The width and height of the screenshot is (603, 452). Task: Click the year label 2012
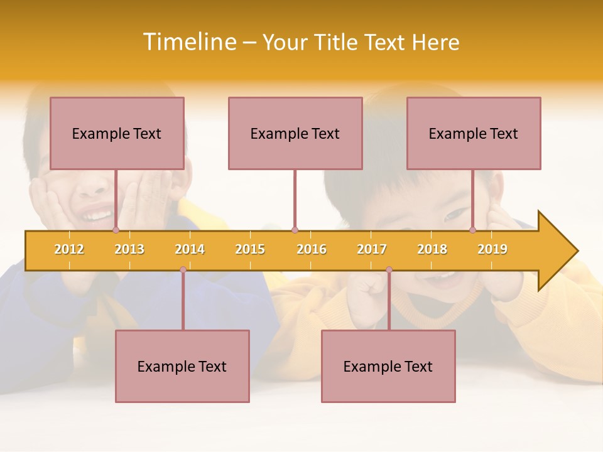click(69, 249)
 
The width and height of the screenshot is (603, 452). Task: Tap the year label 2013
click(129, 249)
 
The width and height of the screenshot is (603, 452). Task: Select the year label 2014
click(190, 249)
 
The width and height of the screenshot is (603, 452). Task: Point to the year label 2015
click(250, 249)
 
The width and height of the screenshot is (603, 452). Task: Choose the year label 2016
click(312, 249)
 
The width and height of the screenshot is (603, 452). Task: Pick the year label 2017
click(372, 249)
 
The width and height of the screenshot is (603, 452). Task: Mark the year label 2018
click(432, 249)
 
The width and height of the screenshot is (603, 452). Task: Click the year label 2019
click(492, 249)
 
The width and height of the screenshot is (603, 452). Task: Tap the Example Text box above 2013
click(117, 133)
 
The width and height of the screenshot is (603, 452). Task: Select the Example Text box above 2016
click(295, 133)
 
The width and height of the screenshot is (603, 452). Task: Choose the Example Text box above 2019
click(474, 133)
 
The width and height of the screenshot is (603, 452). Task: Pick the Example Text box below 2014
click(182, 366)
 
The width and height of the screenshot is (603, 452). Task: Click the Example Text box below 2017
click(388, 366)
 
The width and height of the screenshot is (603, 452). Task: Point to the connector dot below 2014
click(183, 269)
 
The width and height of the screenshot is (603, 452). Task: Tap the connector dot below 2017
click(389, 269)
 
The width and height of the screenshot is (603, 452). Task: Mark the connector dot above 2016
click(295, 230)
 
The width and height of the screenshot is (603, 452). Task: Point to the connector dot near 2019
click(473, 230)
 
